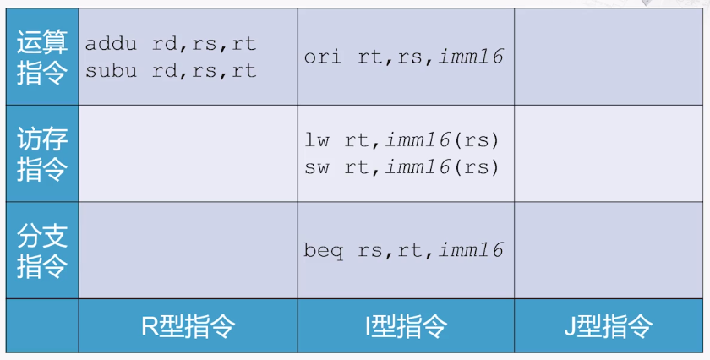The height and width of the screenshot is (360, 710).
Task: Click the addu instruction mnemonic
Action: click(x=111, y=44)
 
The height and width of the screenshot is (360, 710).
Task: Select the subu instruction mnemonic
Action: click(x=111, y=71)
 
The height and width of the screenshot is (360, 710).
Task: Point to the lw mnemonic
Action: click(x=317, y=140)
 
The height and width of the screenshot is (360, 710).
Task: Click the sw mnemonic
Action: click(x=317, y=167)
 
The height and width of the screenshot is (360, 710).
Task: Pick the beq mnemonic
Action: click(x=323, y=251)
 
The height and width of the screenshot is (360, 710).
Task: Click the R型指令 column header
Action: click(x=188, y=325)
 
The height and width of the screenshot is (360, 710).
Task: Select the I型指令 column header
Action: click(x=407, y=325)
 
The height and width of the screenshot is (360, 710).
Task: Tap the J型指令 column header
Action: click(x=608, y=325)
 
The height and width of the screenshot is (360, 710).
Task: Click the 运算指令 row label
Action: click(x=42, y=57)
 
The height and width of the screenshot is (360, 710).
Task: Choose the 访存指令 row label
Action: click(x=42, y=154)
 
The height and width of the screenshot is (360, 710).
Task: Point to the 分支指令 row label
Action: click(x=42, y=250)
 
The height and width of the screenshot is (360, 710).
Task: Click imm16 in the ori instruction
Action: click(x=472, y=57)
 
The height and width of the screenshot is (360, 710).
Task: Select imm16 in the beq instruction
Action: click(x=472, y=250)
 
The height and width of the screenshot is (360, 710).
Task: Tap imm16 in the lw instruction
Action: click(x=418, y=140)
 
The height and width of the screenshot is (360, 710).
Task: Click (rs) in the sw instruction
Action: click(x=476, y=167)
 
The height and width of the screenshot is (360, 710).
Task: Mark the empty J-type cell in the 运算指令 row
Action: click(x=609, y=57)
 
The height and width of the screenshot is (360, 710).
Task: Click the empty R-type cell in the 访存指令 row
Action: click(x=188, y=154)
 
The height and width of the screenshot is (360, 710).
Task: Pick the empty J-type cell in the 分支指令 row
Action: click(x=609, y=250)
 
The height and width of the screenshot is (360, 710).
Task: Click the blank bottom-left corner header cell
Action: click(x=42, y=325)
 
